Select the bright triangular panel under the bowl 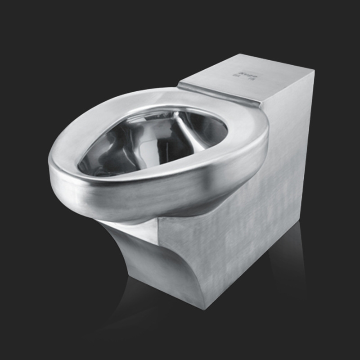tap(135, 229)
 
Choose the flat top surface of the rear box tap(252, 79)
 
